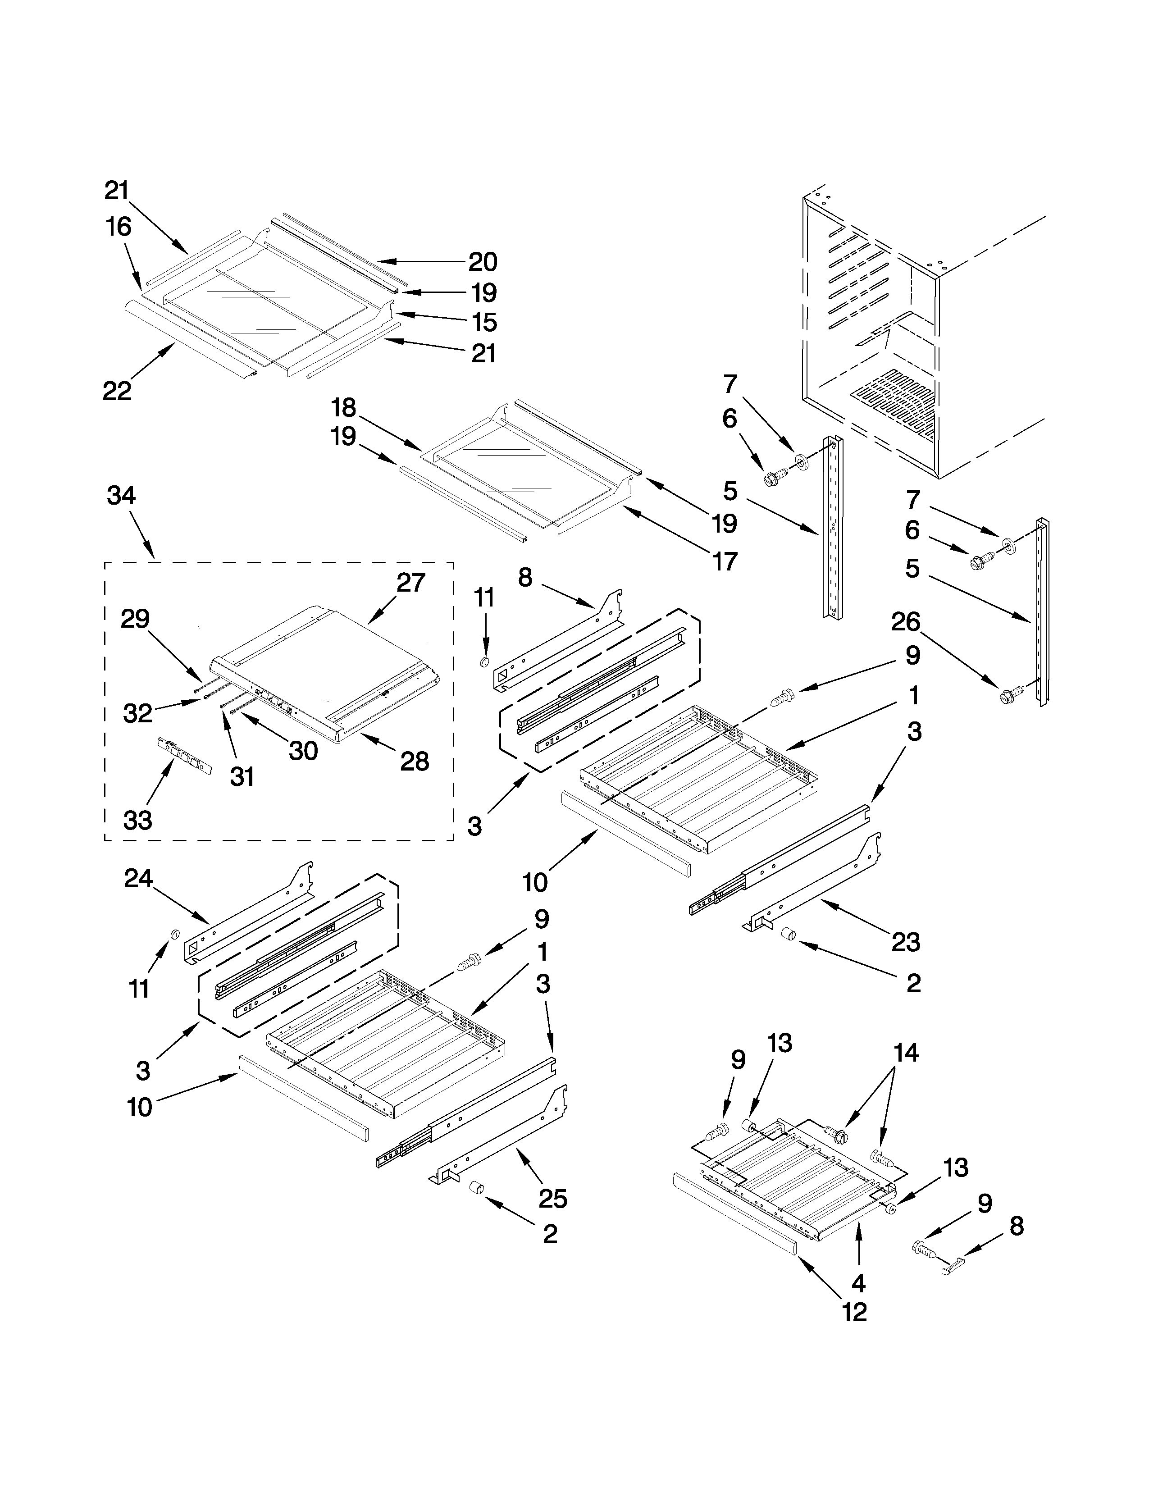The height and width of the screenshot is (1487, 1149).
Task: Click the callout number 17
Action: pyautogui.click(x=725, y=562)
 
